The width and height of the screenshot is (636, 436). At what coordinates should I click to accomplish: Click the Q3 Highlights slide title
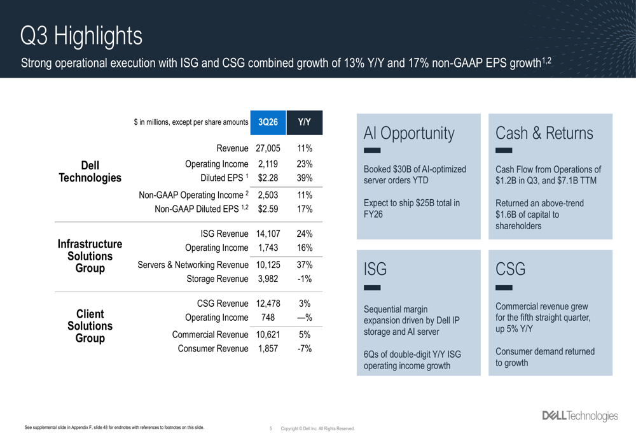(x=81, y=36)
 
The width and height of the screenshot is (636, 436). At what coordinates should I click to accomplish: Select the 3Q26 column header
(x=268, y=122)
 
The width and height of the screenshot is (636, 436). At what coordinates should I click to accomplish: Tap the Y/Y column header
(x=304, y=122)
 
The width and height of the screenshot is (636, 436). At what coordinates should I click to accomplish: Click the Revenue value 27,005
(x=268, y=149)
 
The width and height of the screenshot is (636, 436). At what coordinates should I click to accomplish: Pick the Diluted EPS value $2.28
(x=268, y=178)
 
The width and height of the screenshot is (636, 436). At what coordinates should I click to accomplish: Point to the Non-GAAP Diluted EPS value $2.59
(x=268, y=209)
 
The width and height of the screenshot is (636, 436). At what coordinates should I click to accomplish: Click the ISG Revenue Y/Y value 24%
(x=304, y=234)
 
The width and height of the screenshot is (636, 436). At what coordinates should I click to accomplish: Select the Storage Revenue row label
(x=217, y=279)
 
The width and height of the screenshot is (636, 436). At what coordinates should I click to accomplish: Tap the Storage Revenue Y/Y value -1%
(x=304, y=279)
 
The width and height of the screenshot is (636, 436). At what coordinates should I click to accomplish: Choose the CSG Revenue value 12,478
(x=268, y=304)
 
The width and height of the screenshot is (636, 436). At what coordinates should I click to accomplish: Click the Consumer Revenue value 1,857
(x=268, y=349)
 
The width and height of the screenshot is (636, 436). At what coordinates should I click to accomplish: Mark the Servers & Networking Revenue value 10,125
(x=268, y=265)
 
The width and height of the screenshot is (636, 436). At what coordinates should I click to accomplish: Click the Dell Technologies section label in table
(x=90, y=171)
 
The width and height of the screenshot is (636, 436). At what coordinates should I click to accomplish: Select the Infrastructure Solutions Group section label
(x=90, y=256)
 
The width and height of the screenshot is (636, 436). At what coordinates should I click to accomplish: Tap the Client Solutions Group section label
(x=90, y=326)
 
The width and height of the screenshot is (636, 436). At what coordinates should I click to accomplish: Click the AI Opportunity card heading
(x=409, y=133)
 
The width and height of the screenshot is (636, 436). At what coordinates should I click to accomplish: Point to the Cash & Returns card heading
(x=544, y=133)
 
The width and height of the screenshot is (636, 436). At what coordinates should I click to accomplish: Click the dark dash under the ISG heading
(x=372, y=288)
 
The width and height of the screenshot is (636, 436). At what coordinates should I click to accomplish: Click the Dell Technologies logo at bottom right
(x=579, y=416)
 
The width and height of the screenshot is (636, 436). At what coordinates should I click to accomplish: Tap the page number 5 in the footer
(x=270, y=429)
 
